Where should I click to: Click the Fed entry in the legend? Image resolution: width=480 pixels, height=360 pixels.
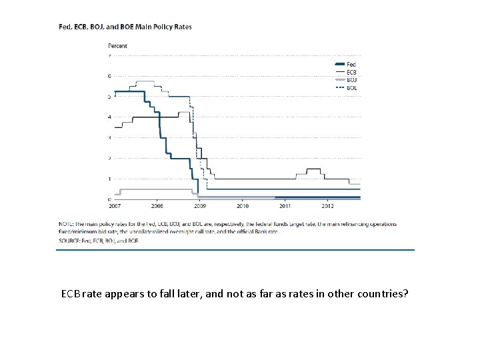pyautogui.click(x=351, y=64)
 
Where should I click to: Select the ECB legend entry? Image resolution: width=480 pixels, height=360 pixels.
pyautogui.click(x=351, y=72)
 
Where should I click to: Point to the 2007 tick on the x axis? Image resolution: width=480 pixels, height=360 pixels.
pyautogui.click(x=115, y=206)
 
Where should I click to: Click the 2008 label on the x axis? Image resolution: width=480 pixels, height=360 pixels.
pyautogui.click(x=157, y=206)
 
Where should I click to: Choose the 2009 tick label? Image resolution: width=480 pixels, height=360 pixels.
pyautogui.click(x=199, y=206)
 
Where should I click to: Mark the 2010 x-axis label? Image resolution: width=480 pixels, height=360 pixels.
pyautogui.click(x=242, y=206)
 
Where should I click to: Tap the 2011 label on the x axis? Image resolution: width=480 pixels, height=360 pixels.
pyautogui.click(x=285, y=206)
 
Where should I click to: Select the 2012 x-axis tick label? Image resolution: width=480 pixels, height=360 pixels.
pyautogui.click(x=327, y=206)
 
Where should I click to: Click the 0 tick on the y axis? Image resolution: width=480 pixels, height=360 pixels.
pyautogui.click(x=109, y=199)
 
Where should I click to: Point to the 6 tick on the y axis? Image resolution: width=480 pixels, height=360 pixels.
pyautogui.click(x=109, y=76)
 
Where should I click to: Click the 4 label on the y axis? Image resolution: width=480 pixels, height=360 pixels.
pyautogui.click(x=109, y=117)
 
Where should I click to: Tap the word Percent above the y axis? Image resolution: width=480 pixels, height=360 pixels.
pyautogui.click(x=117, y=45)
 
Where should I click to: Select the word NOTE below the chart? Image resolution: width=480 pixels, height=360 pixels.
pyautogui.click(x=67, y=224)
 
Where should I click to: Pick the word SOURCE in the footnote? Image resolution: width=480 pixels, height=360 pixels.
pyautogui.click(x=69, y=239)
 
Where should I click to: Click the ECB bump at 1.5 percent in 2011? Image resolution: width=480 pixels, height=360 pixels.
pyautogui.click(x=313, y=169)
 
